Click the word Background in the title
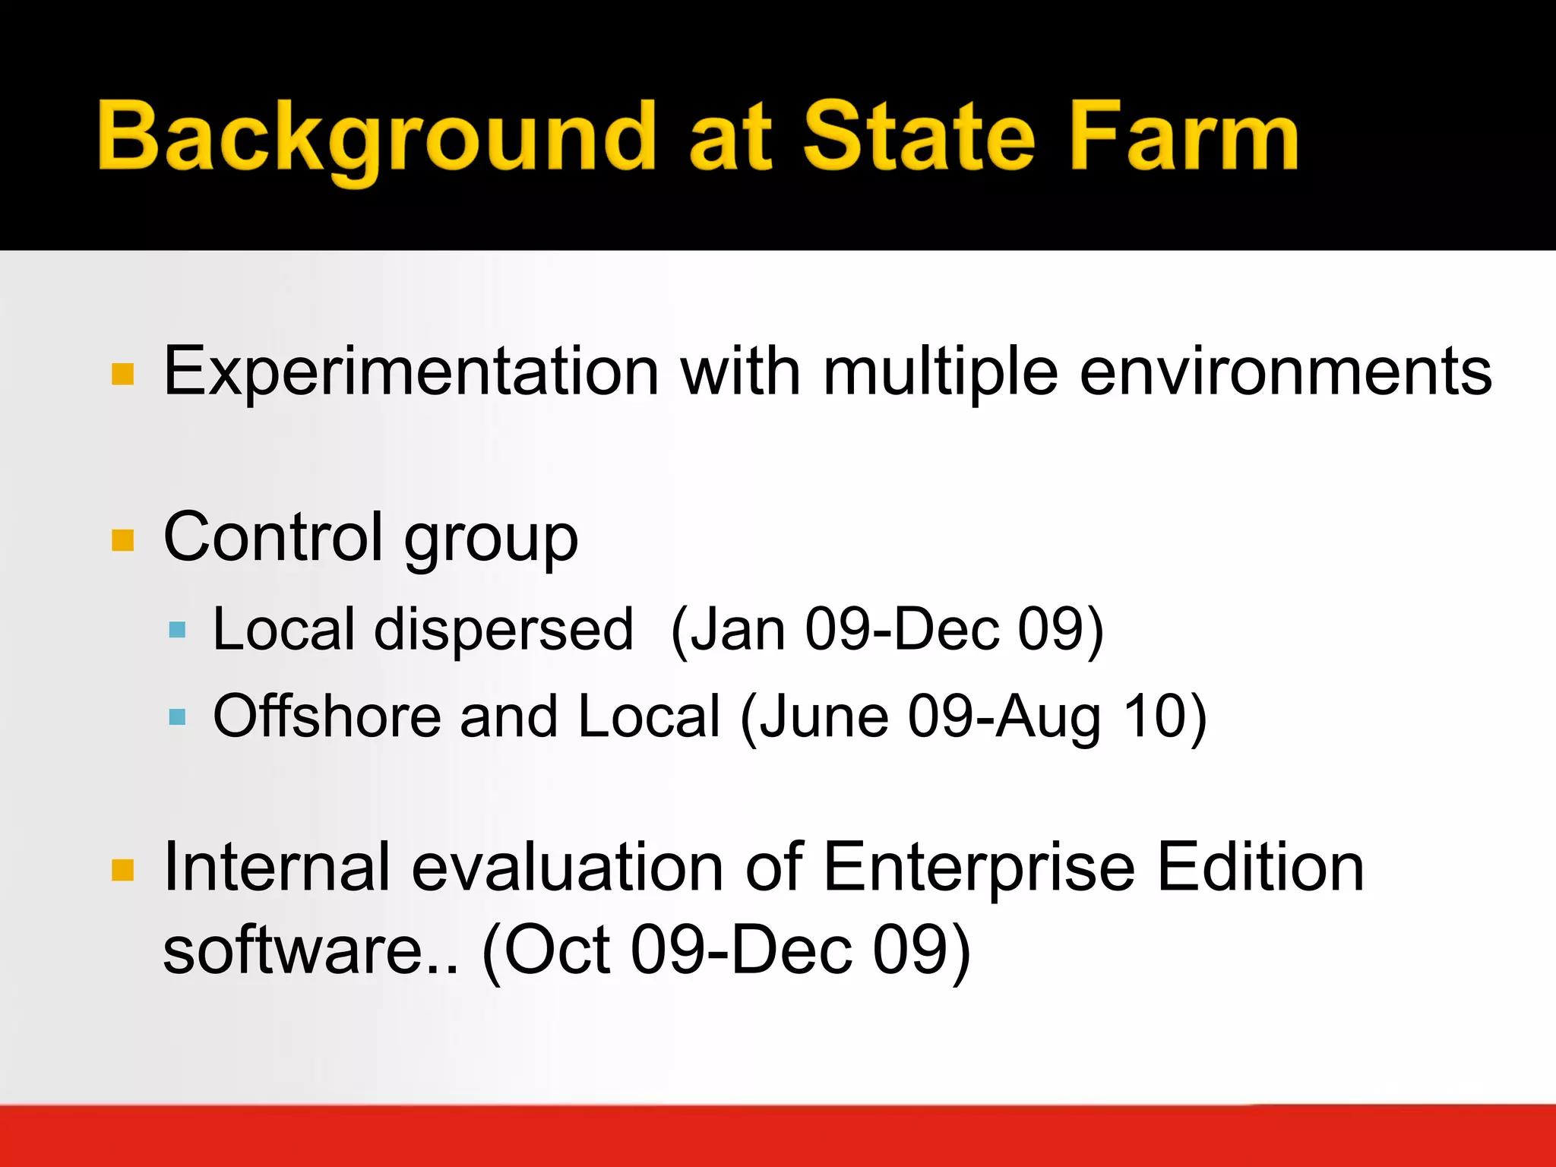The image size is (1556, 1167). [x=376, y=137]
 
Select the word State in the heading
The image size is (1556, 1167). [x=919, y=137]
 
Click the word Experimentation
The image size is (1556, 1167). [x=410, y=372]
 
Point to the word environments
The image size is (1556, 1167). [x=1286, y=372]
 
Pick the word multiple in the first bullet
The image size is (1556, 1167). [x=940, y=372]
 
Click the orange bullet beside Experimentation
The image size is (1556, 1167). [x=122, y=374]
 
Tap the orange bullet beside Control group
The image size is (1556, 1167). [x=122, y=540]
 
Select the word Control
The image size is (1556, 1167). [x=273, y=538]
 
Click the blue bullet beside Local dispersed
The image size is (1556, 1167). [x=177, y=629]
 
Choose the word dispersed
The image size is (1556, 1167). [x=503, y=629]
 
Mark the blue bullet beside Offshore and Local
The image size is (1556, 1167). [x=177, y=716]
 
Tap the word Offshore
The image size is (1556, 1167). [x=327, y=716]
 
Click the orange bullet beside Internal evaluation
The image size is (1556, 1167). [x=122, y=870]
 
